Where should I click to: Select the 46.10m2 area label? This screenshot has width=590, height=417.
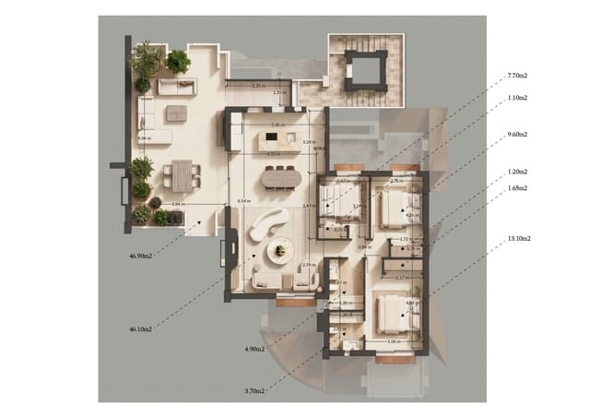142,328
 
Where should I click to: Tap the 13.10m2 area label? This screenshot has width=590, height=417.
519,238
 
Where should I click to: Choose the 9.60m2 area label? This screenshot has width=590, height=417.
517,134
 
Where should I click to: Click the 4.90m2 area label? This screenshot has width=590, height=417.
254,350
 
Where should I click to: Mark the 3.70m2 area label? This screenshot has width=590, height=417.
254,391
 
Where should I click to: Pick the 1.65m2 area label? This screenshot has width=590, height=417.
517,188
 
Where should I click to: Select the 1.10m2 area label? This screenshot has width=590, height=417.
517,97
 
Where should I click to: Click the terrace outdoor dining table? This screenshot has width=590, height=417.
183,173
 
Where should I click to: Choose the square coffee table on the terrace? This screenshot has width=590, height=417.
174,113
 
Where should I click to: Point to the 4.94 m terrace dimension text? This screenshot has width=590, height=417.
179,204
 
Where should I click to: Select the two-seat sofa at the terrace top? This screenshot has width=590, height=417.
176,86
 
